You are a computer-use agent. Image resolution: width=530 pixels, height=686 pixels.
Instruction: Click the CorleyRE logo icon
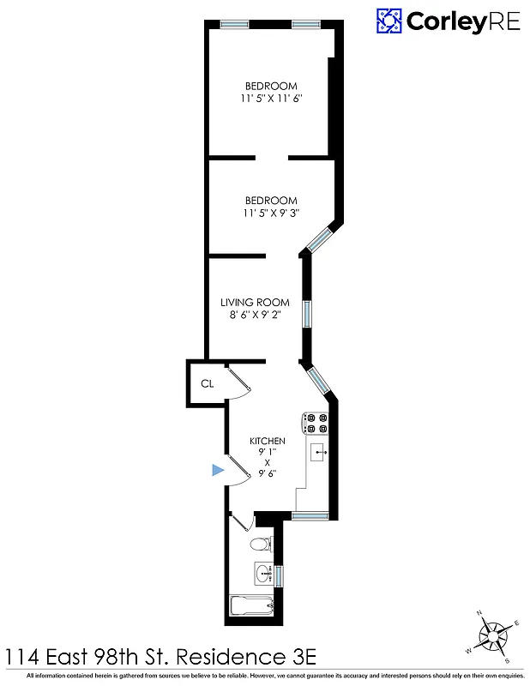pyautogui.click(x=389, y=21)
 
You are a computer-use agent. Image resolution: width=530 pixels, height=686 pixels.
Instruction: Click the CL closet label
pyautogui.click(x=207, y=383)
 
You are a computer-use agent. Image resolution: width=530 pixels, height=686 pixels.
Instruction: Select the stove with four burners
pyautogui.click(x=316, y=423)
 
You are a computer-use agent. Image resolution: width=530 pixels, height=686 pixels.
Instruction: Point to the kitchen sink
pyautogui.click(x=319, y=452)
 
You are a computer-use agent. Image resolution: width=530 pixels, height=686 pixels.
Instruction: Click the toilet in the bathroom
pyautogui.click(x=261, y=544)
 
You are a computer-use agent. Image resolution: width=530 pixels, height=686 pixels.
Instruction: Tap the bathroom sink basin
pyautogui.click(x=262, y=573)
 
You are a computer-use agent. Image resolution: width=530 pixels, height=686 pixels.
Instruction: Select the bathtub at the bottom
pyautogui.click(x=252, y=605)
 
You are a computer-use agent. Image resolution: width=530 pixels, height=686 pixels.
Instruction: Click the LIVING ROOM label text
pyautogui.click(x=255, y=303)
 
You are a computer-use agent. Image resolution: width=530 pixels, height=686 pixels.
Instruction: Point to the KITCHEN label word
pyautogui.click(x=268, y=441)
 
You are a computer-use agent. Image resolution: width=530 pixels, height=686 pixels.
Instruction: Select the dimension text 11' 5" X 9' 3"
pyautogui.click(x=272, y=214)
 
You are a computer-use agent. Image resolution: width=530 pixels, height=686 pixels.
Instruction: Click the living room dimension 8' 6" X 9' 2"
pyautogui.click(x=255, y=316)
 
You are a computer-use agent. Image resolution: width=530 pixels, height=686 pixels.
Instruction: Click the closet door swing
pyautogui.click(x=239, y=383)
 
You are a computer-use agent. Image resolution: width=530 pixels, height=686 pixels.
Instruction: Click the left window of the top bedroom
pyautogui.click(x=234, y=24)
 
